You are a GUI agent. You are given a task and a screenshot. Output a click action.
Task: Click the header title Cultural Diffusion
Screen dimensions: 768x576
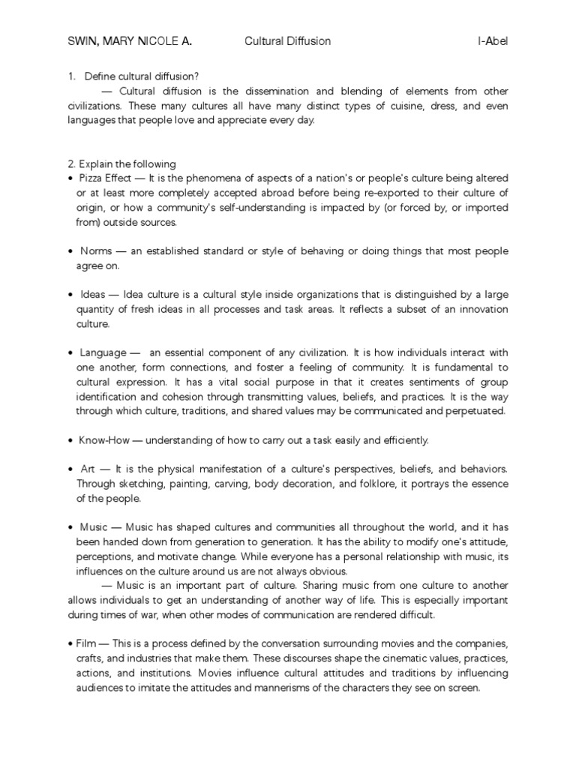[x=287, y=41]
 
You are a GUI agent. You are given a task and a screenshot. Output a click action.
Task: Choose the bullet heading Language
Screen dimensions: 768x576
[x=102, y=352]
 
